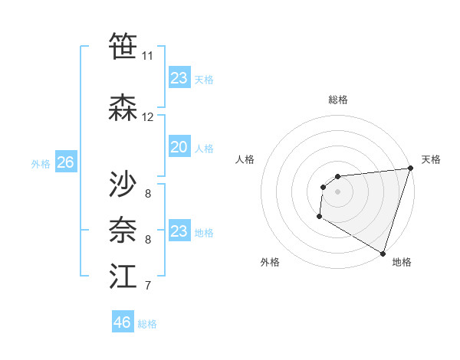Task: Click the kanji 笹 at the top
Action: pyautogui.click(x=123, y=47)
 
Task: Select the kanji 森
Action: pyautogui.click(x=123, y=109)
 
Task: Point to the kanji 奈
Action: pyautogui.click(x=123, y=230)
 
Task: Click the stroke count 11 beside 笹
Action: pyautogui.click(x=147, y=56)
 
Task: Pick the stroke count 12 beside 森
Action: pyautogui.click(x=148, y=117)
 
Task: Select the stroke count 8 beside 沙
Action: pyautogui.click(x=147, y=193)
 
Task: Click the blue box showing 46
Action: pyautogui.click(x=123, y=322)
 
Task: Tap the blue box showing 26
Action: pyautogui.click(x=65, y=162)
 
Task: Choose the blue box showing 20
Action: pyautogui.click(x=179, y=147)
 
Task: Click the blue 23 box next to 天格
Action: pyautogui.click(x=179, y=78)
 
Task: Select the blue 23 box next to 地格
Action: pyautogui.click(x=179, y=231)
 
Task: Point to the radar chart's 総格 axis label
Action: pyautogui.click(x=337, y=100)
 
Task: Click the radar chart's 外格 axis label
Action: pyautogui.click(x=270, y=262)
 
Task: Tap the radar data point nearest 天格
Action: pyautogui.click(x=410, y=169)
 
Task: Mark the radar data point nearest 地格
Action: pyautogui.click(x=383, y=254)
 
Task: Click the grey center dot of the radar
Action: pyautogui.click(x=337, y=191)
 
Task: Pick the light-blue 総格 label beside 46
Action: pyautogui.click(x=147, y=324)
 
